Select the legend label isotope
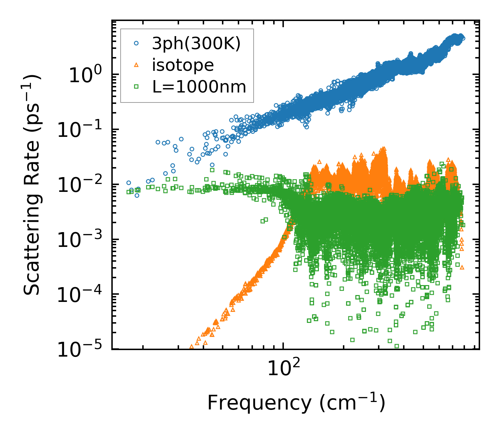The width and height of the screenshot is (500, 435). [183, 65]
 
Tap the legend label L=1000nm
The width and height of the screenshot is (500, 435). [199, 87]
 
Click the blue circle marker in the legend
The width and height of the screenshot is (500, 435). [136, 44]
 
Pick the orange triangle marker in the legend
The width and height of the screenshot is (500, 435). [136, 65]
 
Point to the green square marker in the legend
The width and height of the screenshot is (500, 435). [136, 87]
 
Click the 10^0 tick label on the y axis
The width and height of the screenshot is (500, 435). [85, 76]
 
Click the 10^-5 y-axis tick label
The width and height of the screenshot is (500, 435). [81, 350]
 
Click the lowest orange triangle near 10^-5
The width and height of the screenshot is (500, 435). [192, 347]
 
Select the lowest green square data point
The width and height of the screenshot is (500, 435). [397, 346]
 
